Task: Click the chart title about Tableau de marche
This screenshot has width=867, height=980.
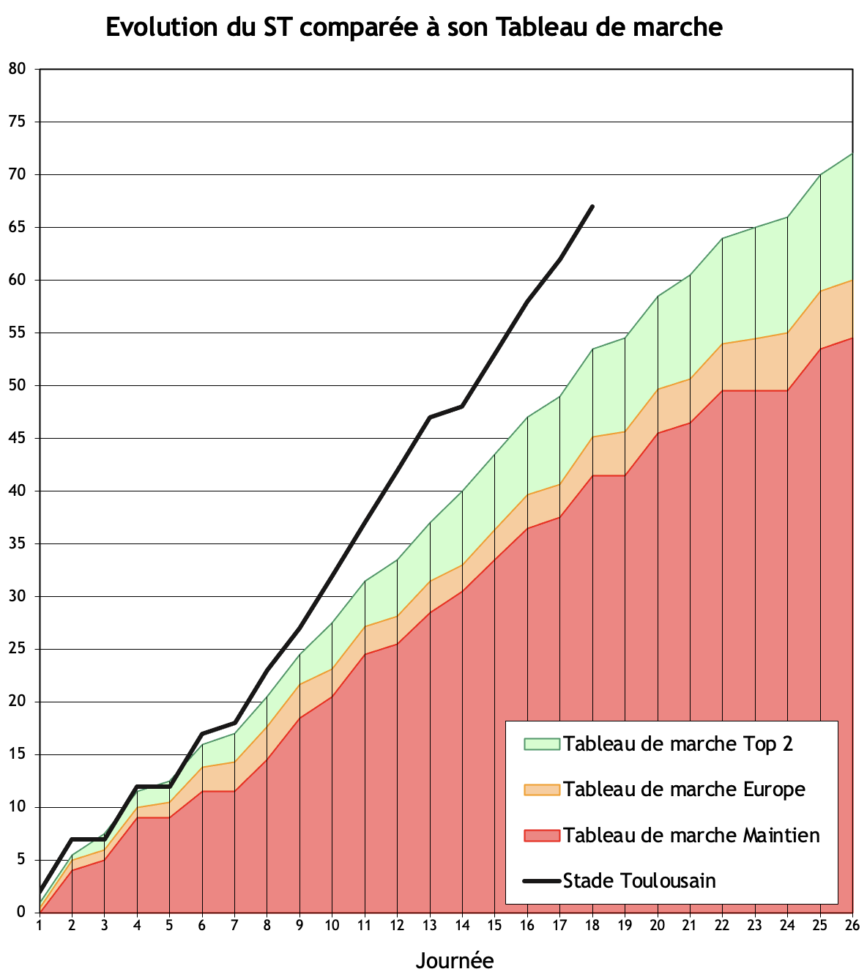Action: (414, 28)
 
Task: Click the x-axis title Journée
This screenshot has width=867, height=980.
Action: (454, 960)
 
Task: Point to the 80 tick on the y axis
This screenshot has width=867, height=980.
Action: (17, 69)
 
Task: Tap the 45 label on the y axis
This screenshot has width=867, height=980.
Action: (17, 438)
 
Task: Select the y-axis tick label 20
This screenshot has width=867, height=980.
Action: (17, 702)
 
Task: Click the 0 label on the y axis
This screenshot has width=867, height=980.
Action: (21, 913)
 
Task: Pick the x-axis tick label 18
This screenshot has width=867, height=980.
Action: (592, 925)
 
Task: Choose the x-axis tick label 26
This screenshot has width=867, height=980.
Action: (852, 925)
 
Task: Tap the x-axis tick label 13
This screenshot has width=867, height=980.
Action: (430, 925)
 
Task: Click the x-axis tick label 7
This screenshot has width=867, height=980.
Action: (235, 925)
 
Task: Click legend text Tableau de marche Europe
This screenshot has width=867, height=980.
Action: (684, 790)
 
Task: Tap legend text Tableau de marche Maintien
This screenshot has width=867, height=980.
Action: (691, 835)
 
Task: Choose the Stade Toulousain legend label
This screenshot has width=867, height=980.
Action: (639, 880)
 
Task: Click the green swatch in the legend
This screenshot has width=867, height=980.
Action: (542, 744)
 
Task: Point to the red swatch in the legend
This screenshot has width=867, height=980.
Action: (542, 835)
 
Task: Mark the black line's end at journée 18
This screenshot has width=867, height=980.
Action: (592, 207)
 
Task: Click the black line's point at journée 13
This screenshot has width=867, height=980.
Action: (430, 417)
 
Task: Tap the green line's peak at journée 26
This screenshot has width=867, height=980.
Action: (852, 154)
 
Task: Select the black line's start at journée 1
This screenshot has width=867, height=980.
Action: (40, 891)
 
